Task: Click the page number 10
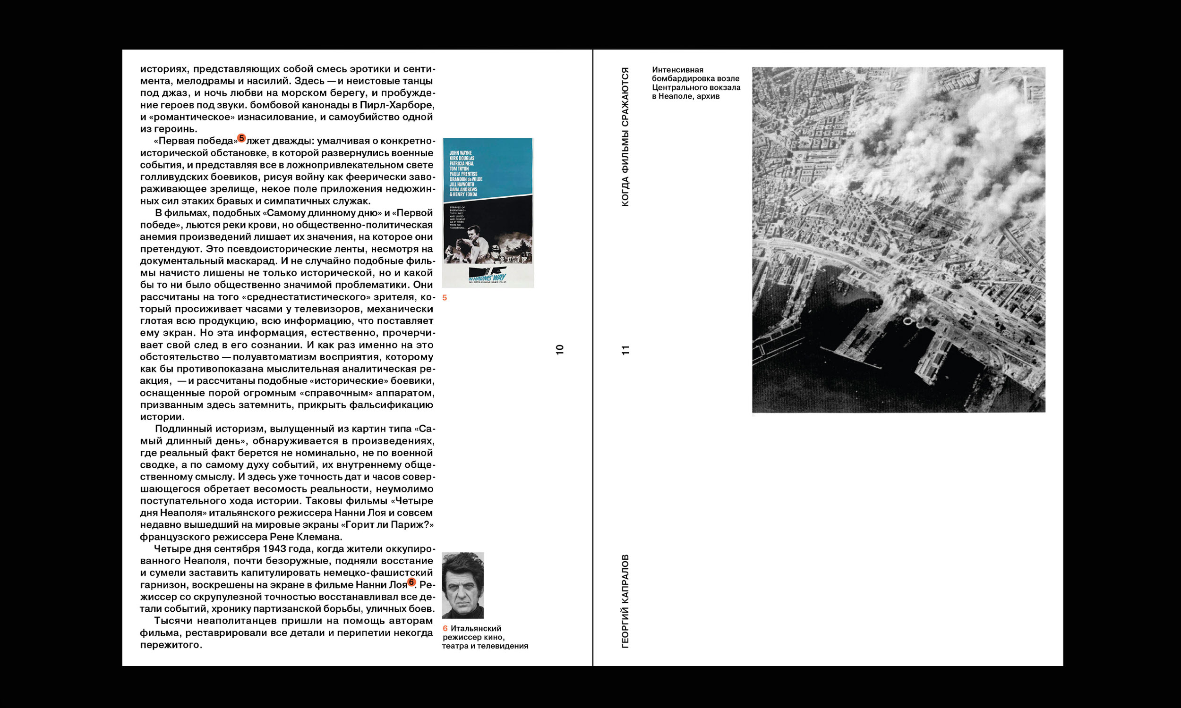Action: (x=560, y=349)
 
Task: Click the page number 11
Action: (x=625, y=350)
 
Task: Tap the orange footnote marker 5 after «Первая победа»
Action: (x=241, y=138)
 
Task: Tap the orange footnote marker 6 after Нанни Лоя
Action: (x=411, y=582)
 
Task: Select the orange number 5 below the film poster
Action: (x=445, y=298)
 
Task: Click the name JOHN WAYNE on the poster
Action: (x=460, y=153)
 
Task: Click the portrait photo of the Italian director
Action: (x=462, y=585)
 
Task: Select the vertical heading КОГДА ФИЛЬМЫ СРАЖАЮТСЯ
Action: (x=625, y=137)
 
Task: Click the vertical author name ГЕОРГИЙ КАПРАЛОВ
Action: (x=625, y=601)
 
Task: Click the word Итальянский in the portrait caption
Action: (x=475, y=628)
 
